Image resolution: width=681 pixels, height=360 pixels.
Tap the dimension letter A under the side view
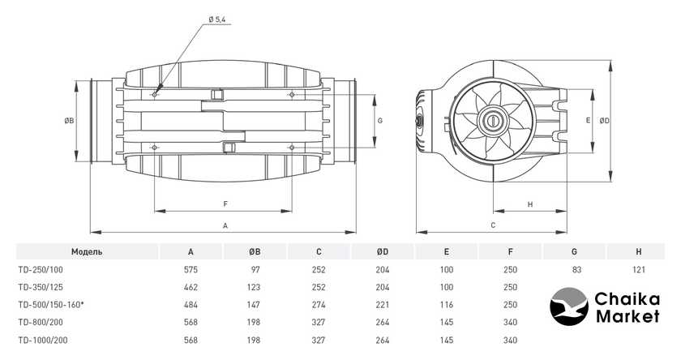pyautogui.click(x=225, y=225)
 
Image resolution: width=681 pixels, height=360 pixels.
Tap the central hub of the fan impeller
pyautogui.click(x=492, y=120)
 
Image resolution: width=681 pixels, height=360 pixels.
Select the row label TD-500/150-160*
pyautogui.click(x=51, y=305)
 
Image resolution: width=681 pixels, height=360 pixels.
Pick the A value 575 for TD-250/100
pyautogui.click(x=191, y=269)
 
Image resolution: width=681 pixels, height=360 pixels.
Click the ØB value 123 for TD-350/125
pyautogui.click(x=255, y=287)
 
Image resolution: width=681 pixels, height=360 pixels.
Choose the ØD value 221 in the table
pyautogui.click(x=383, y=305)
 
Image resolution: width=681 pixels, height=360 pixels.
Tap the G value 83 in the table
pyautogui.click(x=574, y=269)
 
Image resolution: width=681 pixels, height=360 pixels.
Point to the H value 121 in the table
pyautogui.click(x=638, y=269)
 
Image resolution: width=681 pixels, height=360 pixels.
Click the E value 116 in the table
pyautogui.click(x=447, y=305)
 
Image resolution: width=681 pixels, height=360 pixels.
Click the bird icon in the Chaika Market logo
pyautogui.click(x=572, y=307)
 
